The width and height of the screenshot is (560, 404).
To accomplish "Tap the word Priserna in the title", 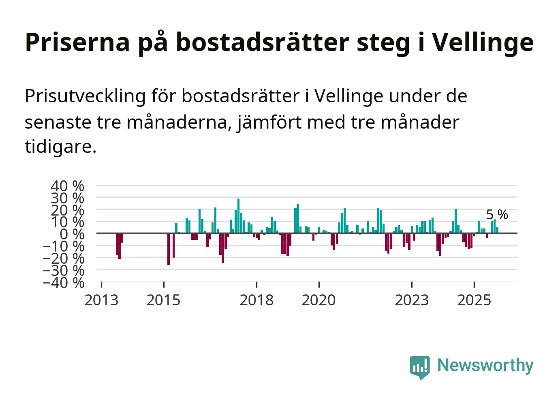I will pyautogui.click(x=77, y=42).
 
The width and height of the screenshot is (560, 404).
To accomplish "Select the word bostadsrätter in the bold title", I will pyautogui.click(x=262, y=42).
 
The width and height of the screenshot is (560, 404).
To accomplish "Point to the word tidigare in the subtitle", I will pyautogui.click(x=60, y=146).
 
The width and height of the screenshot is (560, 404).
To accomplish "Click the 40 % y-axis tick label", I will pyautogui.click(x=67, y=186).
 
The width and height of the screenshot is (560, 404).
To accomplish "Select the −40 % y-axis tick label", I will pyautogui.click(x=64, y=282).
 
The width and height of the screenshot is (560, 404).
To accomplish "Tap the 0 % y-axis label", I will pyautogui.click(x=72, y=234).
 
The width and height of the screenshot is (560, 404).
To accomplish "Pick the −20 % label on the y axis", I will pyautogui.click(x=64, y=258).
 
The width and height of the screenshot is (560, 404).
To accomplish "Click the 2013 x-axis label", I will pyautogui.click(x=101, y=300).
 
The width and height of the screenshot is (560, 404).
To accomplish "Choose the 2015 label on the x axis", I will pyautogui.click(x=163, y=300).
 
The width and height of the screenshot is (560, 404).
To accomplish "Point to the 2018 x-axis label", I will pyautogui.click(x=256, y=300).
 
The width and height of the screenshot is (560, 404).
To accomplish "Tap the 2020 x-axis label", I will pyautogui.click(x=319, y=300).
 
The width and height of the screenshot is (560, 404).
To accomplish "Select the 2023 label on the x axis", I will pyautogui.click(x=412, y=300).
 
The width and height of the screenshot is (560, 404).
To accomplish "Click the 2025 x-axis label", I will pyautogui.click(x=474, y=300).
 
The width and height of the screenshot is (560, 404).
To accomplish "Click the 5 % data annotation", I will pyautogui.click(x=497, y=215).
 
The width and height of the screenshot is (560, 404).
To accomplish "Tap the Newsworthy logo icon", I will pyautogui.click(x=419, y=367).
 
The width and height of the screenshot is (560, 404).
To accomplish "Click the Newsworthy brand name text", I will pyautogui.click(x=485, y=365).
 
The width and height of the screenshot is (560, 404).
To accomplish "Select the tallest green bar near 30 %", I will pyautogui.click(x=238, y=216).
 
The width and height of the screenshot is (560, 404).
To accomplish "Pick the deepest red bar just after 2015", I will pyautogui.click(x=169, y=249).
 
